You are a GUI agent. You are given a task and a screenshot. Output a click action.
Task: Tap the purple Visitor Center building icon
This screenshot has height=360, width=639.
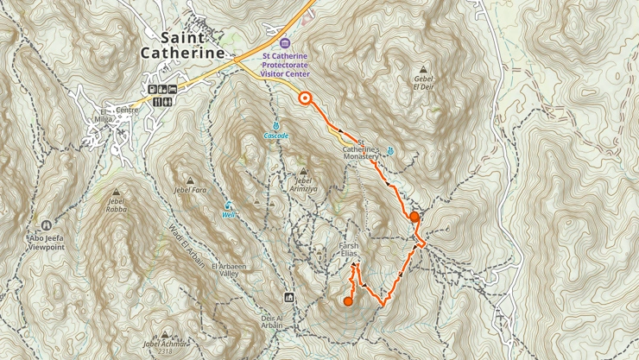click(286, 43)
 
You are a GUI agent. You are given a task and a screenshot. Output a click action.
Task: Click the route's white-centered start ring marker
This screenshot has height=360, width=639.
click(305, 98)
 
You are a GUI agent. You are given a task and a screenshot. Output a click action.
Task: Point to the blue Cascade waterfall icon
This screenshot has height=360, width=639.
click(276, 126)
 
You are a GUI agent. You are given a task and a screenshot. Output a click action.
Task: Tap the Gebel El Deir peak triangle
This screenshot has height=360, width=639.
click(422, 70)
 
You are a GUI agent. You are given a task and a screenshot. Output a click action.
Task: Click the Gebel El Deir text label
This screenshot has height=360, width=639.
click(422, 83)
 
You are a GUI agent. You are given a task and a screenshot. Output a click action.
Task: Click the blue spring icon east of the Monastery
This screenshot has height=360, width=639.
click(391, 151)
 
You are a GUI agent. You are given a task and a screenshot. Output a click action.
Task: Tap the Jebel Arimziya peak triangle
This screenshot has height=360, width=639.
click(303, 170)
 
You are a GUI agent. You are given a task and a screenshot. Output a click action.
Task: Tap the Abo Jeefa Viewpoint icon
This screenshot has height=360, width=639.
click(46, 226)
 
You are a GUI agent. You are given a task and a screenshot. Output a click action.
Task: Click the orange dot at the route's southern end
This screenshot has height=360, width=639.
click(349, 301)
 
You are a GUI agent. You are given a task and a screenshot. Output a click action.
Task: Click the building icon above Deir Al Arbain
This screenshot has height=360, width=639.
click(289, 298)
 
